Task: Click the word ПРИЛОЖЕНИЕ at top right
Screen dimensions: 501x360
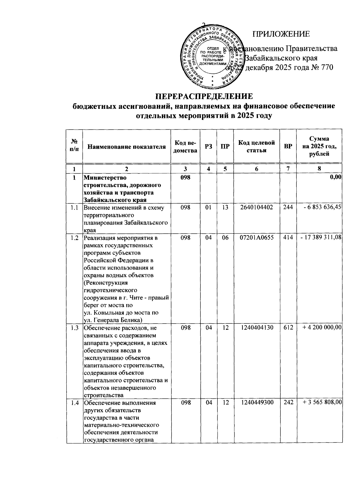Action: pyautogui.click(x=281, y=34)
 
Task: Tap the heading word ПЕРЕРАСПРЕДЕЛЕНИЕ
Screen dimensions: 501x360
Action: pyautogui.click(x=204, y=96)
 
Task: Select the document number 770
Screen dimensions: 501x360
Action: pyautogui.click(x=327, y=68)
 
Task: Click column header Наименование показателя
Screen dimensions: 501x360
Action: pyautogui.click(x=127, y=147)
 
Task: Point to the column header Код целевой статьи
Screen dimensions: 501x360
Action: pyautogui.click(x=256, y=146)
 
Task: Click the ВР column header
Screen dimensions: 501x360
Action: pyautogui.click(x=288, y=147)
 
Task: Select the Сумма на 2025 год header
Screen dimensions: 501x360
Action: pyautogui.click(x=319, y=146)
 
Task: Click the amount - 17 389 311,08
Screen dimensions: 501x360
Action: pyautogui.click(x=321, y=238)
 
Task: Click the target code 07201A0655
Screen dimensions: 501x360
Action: pyautogui.click(x=256, y=238)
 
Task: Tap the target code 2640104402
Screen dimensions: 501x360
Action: pyautogui.click(x=256, y=207)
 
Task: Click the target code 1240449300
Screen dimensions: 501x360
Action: pyautogui.click(x=256, y=403)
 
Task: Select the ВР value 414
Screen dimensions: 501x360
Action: pyautogui.click(x=288, y=238)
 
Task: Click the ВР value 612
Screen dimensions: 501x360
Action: pyautogui.click(x=288, y=328)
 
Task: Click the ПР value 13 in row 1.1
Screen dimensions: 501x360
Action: pyautogui.click(x=225, y=207)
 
